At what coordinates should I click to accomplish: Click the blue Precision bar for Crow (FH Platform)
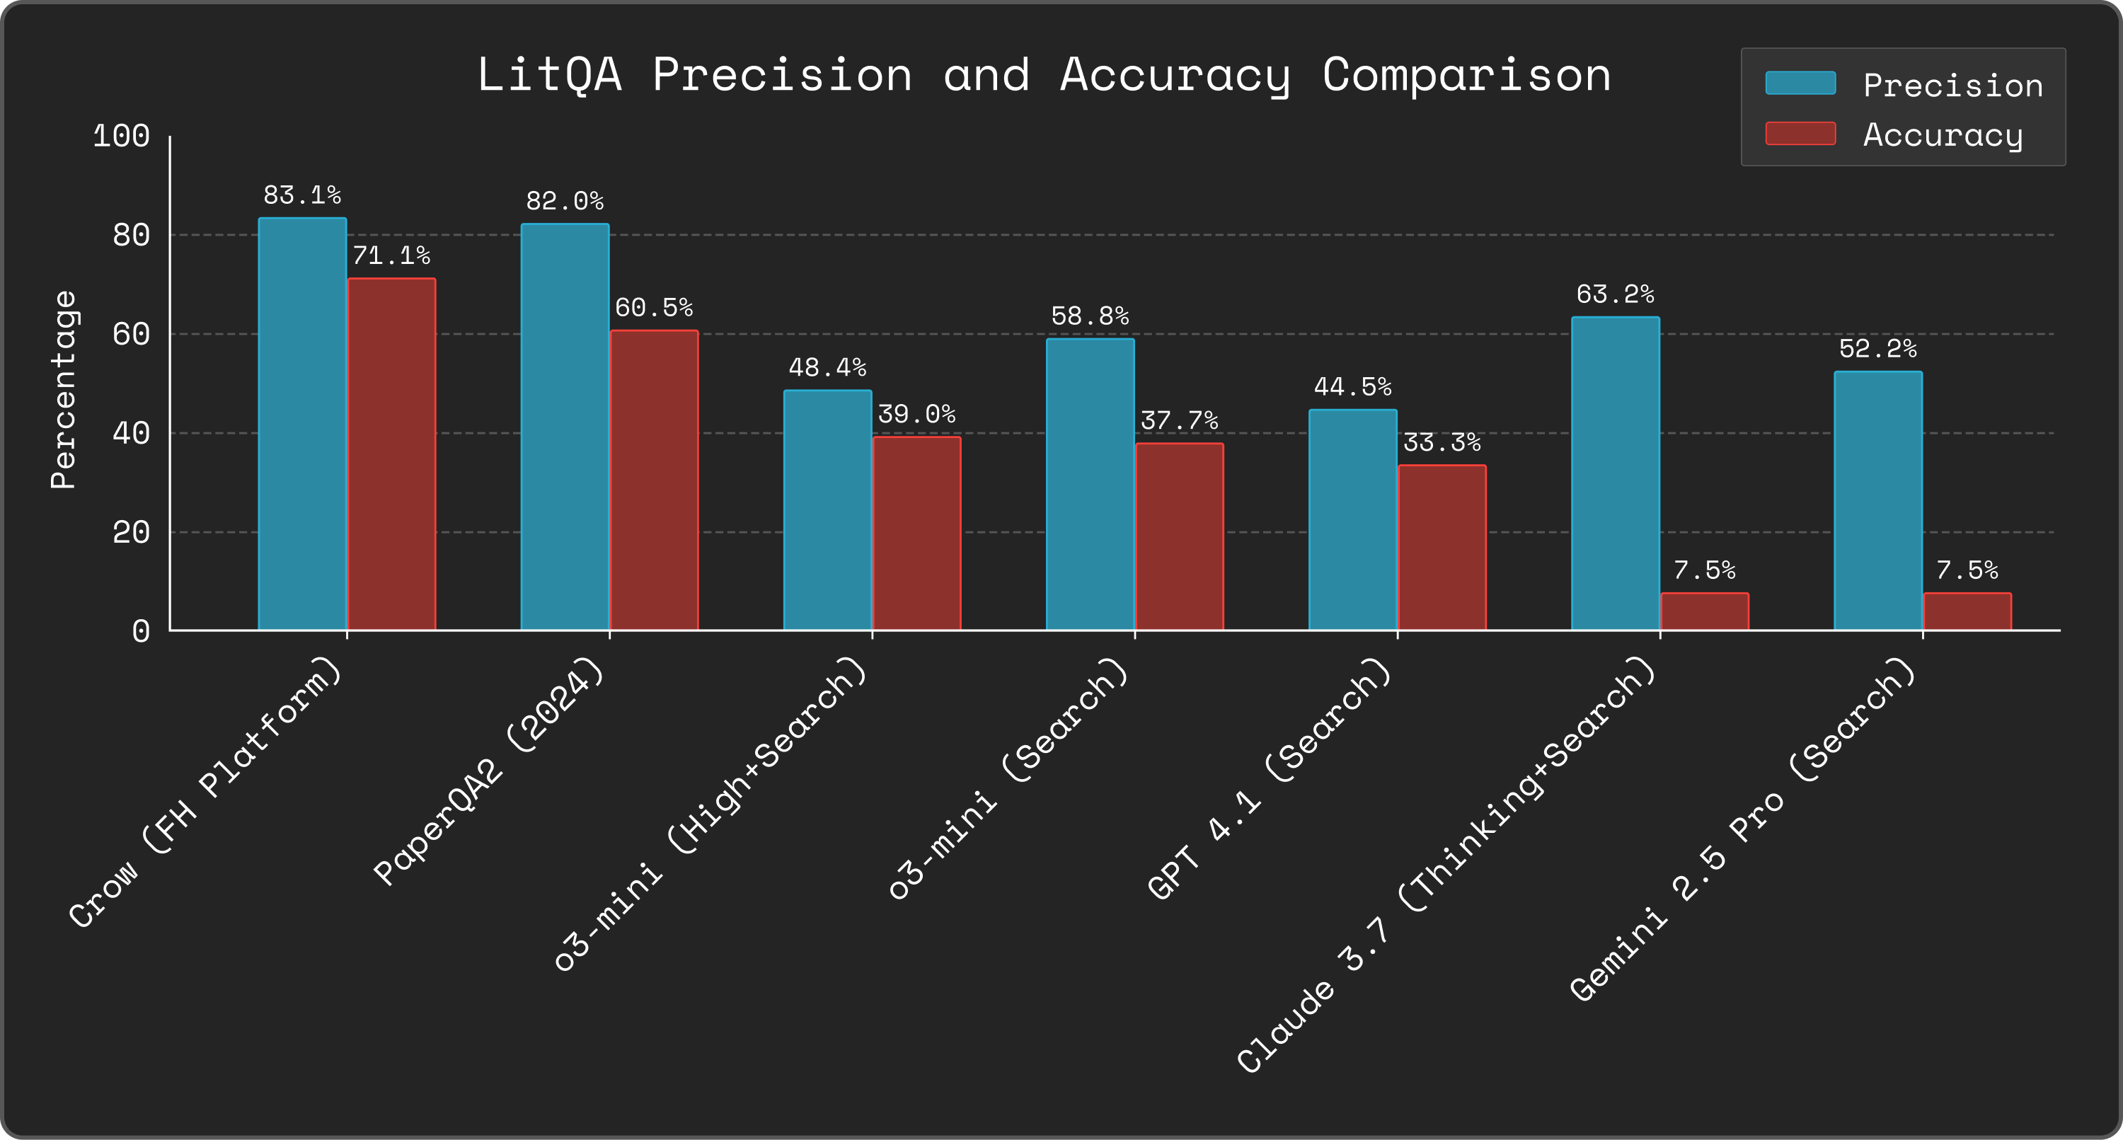pos(301,424)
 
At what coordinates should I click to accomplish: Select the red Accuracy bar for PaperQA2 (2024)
pos(654,480)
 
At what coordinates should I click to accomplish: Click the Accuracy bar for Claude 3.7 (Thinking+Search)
pos(1704,611)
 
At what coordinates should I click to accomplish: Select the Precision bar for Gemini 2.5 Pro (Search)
pos(1877,500)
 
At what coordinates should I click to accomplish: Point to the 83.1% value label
pos(301,195)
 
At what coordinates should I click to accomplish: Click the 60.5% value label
pos(654,309)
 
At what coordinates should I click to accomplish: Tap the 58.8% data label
pos(1090,316)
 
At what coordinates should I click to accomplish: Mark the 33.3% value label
pos(1442,444)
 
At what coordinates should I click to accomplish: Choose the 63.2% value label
pos(1614,294)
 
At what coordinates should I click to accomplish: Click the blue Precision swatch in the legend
pos(1800,84)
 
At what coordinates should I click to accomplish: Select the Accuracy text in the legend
pos(1943,134)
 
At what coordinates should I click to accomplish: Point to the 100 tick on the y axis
pos(121,136)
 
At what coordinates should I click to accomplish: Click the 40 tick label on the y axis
pos(131,433)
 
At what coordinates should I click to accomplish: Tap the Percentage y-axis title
pos(64,390)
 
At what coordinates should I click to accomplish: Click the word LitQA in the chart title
pos(549,75)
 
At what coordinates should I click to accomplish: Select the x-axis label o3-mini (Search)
pos(1007,779)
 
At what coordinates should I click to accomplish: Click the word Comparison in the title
pos(1466,75)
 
